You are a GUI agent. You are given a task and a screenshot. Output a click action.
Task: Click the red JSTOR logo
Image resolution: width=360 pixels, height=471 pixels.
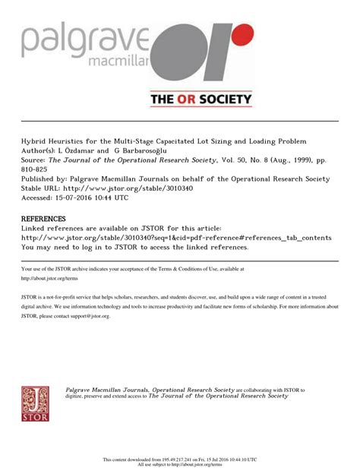click(x=35, y=403)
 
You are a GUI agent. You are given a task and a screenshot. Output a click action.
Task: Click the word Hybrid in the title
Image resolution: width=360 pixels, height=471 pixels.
click(x=35, y=141)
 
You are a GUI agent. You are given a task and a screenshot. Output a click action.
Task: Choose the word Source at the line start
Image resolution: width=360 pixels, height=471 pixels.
click(x=32, y=160)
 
